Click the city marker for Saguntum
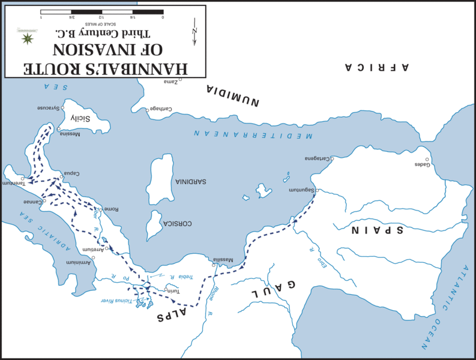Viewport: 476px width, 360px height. (316, 190)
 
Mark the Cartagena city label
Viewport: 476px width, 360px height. (318, 158)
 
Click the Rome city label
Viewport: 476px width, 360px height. (112, 209)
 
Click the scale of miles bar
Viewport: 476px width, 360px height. (102, 12)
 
